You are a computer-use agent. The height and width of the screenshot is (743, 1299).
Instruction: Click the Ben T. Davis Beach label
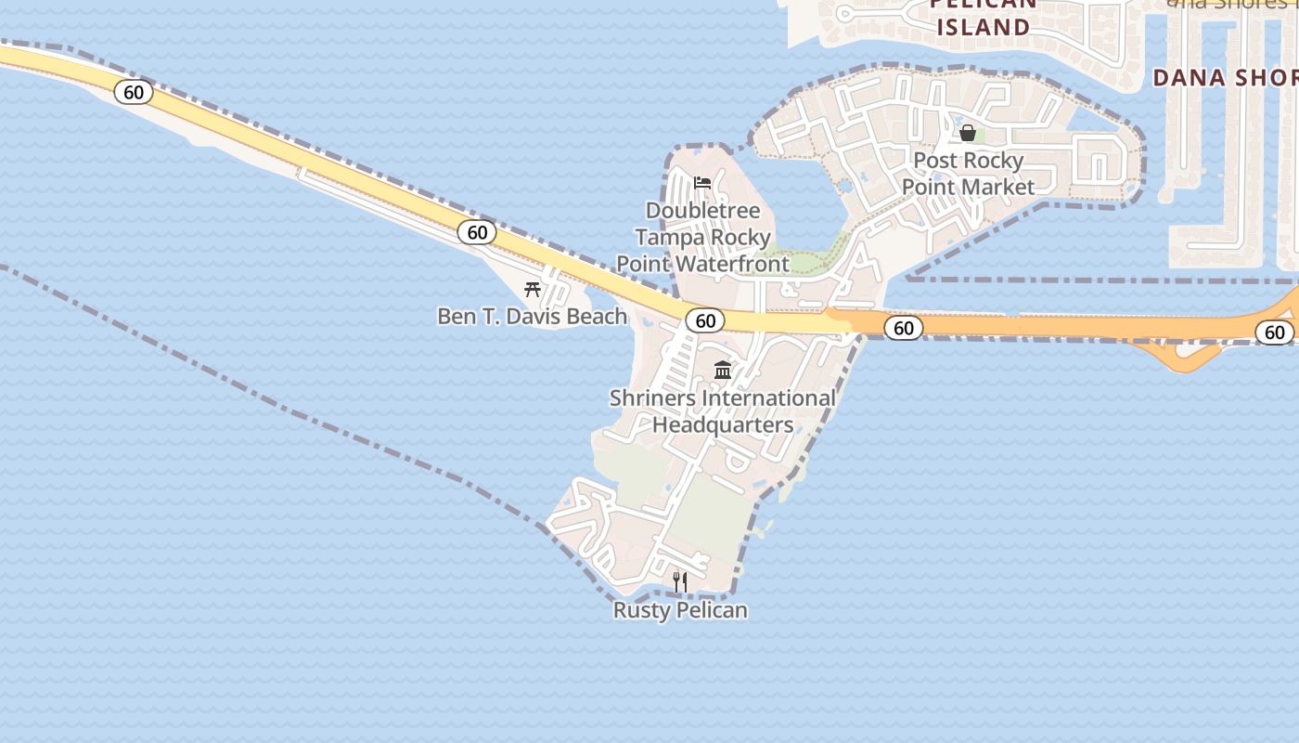point(532,317)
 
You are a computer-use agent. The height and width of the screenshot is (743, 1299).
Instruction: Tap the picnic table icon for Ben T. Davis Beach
point(533,290)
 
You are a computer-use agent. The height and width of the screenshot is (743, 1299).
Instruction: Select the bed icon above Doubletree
point(702,183)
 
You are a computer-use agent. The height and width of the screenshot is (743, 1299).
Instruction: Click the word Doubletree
point(702,211)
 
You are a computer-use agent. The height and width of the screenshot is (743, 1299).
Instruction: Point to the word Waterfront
point(732,264)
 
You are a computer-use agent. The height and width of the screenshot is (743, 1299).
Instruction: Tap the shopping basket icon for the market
point(968,133)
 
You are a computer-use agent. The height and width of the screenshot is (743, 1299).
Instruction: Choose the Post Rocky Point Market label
point(968,174)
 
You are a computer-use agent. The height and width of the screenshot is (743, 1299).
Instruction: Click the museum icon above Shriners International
point(723,371)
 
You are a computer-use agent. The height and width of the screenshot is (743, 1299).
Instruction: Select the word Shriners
point(651,398)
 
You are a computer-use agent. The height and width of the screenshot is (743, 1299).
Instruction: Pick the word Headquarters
point(723,425)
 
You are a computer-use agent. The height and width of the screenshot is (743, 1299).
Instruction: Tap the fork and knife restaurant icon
point(680,582)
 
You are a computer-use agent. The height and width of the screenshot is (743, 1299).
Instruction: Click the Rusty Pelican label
point(680,610)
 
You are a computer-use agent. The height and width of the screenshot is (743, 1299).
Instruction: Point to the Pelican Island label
point(983,16)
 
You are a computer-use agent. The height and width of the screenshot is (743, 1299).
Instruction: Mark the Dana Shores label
point(1225,78)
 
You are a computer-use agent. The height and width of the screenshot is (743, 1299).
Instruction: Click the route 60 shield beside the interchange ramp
point(1275,332)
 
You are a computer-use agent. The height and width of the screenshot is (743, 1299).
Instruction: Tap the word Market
point(997,187)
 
